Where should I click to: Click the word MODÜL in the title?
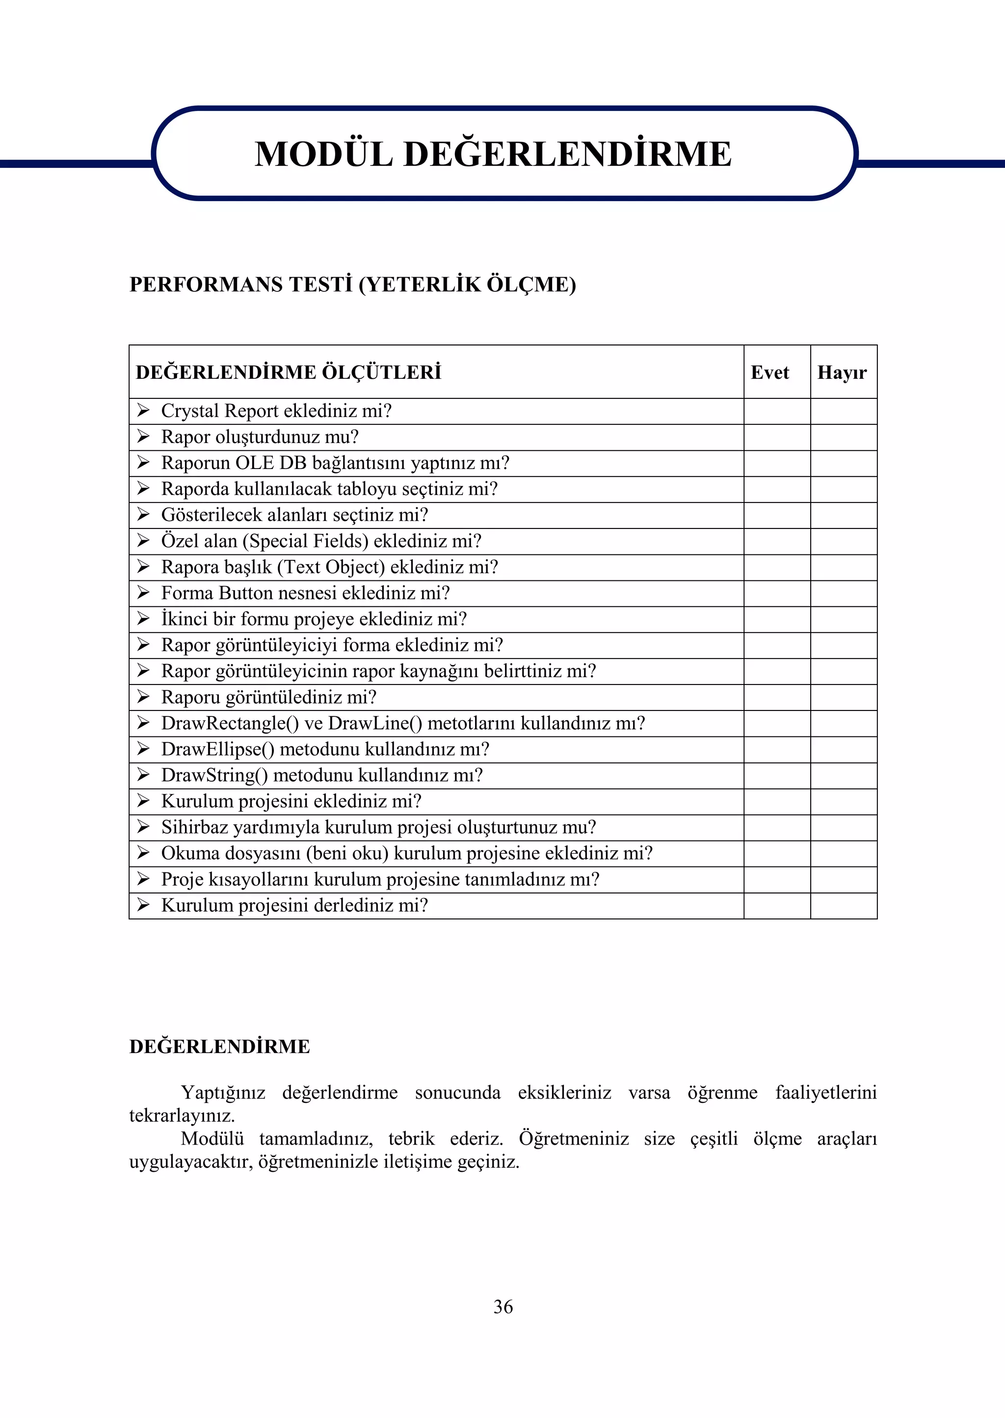(x=324, y=154)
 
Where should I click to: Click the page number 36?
(x=502, y=1306)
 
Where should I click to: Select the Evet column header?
(x=769, y=372)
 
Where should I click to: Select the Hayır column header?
(x=842, y=372)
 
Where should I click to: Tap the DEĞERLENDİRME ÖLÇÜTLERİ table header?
(x=289, y=372)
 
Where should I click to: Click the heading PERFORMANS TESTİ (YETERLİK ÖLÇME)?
(x=352, y=285)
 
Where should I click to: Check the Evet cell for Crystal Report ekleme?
(x=777, y=412)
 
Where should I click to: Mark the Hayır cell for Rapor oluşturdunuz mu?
(x=844, y=437)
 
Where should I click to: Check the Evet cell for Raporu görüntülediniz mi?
(x=777, y=697)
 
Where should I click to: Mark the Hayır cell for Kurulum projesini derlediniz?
(x=844, y=906)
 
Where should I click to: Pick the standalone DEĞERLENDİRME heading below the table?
(x=220, y=1047)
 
